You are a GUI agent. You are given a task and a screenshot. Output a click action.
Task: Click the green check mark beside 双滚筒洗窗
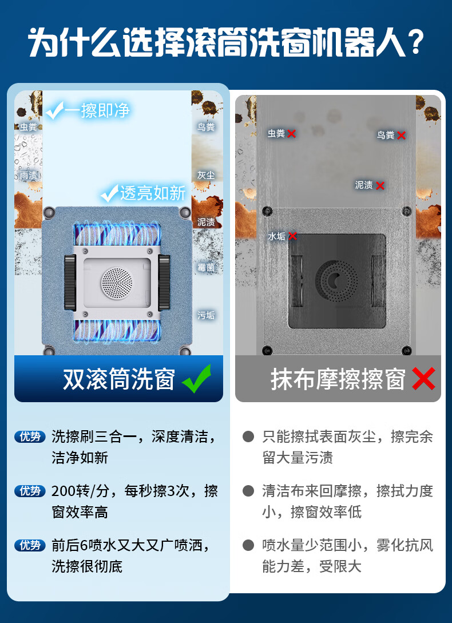[x=196, y=378]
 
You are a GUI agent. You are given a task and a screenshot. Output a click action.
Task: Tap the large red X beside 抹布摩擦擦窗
[x=423, y=379]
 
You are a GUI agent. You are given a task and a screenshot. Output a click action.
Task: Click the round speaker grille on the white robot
[x=117, y=281]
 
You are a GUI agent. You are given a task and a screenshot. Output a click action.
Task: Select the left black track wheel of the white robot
[x=70, y=283]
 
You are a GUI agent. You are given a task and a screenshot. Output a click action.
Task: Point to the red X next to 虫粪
[x=292, y=134]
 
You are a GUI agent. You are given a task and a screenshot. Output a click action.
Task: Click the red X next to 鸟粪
[x=401, y=136]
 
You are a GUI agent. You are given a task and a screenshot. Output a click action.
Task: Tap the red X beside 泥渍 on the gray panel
[x=380, y=185]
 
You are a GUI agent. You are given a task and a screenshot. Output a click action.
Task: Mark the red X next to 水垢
[x=292, y=236]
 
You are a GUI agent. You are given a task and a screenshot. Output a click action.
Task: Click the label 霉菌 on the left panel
[x=206, y=267]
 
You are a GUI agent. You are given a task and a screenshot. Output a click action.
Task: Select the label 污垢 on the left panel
[x=206, y=315]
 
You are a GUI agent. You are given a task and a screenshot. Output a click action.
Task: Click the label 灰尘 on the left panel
[x=206, y=175]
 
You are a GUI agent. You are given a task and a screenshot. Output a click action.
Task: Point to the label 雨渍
[x=28, y=175]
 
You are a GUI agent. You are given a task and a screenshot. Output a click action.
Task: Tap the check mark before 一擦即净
[x=54, y=110]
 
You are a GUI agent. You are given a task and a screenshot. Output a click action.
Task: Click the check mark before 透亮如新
[x=110, y=193]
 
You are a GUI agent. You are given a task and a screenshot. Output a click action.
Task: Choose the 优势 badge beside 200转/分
[x=30, y=491]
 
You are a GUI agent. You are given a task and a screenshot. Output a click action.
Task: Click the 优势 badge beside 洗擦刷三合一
[x=30, y=437]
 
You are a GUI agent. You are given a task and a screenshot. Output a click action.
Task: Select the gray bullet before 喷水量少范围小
[x=248, y=545]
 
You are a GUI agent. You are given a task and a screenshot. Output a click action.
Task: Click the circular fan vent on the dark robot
[x=336, y=280]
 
